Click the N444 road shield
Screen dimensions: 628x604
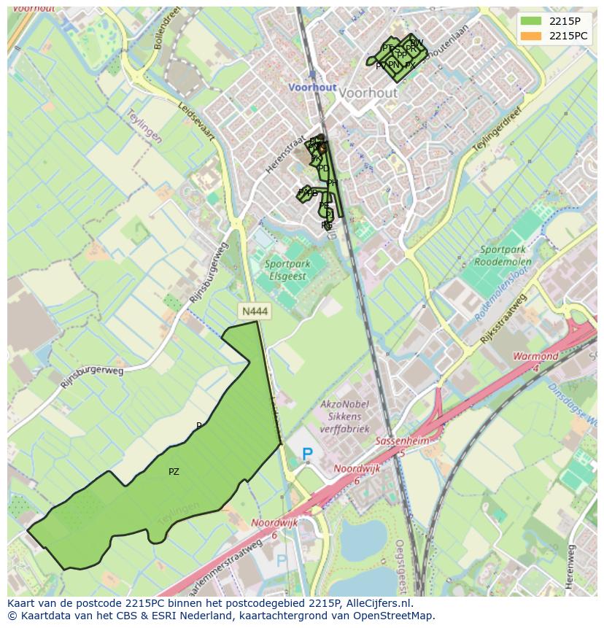pyautogui.click(x=255, y=311)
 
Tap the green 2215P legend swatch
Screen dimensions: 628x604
pyautogui.click(x=530, y=21)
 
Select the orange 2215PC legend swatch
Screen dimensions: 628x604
pyautogui.click(x=530, y=36)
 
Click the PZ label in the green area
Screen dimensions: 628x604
pyautogui.click(x=174, y=472)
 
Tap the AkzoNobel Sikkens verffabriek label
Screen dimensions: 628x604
pyautogui.click(x=345, y=416)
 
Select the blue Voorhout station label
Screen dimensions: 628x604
pyautogui.click(x=312, y=87)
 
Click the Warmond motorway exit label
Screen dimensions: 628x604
pyautogui.click(x=535, y=357)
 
